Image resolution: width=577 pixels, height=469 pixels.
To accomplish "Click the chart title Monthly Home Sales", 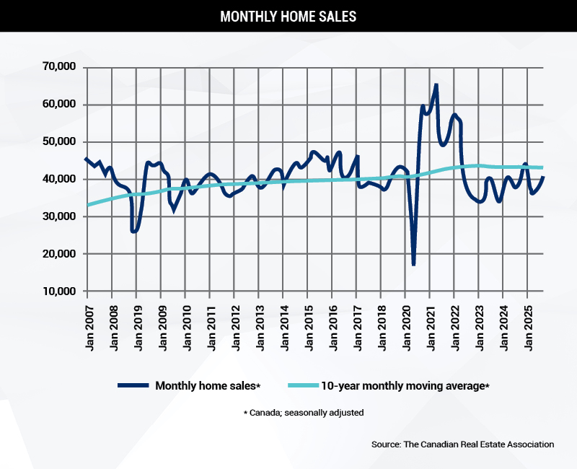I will click(288, 16).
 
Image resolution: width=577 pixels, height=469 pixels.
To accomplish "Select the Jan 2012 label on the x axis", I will click(234, 325).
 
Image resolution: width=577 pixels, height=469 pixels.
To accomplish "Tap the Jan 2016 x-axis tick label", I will click(332, 325).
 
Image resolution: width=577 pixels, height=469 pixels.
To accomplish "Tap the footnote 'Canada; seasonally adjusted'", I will click(303, 413).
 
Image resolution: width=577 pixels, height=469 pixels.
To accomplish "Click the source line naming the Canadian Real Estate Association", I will click(462, 444).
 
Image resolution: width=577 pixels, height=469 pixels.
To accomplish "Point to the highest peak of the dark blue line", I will click(436, 85).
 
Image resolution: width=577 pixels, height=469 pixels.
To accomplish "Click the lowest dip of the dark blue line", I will click(413, 264).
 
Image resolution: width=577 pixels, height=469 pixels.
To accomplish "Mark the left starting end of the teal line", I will click(88, 205).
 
